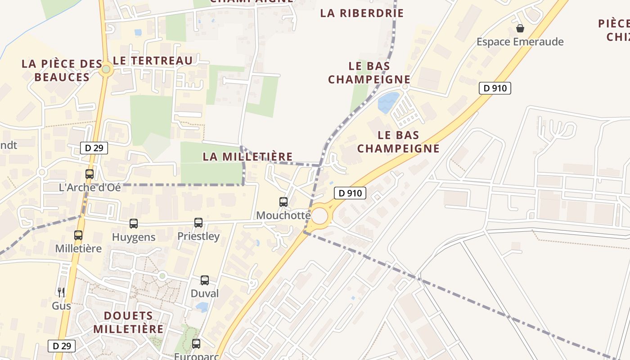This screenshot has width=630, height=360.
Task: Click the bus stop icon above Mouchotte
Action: click(283, 202)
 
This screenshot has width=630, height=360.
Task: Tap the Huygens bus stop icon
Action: click(134, 224)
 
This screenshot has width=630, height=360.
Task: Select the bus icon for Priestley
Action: click(198, 223)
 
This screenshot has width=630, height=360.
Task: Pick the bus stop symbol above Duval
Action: click(205, 280)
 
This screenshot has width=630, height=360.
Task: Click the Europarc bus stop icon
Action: click(196, 344)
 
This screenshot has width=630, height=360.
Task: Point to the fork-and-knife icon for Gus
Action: click(61, 292)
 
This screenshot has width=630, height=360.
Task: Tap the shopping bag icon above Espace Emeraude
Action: click(520, 29)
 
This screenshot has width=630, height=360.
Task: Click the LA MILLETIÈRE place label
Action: click(247, 157)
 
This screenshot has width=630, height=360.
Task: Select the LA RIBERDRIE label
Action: click(362, 13)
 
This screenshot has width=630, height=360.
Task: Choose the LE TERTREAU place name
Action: click(153, 61)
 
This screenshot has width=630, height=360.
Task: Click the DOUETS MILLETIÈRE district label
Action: click(128, 322)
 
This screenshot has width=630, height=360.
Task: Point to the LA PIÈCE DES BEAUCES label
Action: click(62, 71)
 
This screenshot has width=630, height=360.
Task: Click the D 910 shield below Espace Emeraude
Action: click(495, 88)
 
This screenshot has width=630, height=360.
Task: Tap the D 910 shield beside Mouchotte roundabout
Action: click(350, 193)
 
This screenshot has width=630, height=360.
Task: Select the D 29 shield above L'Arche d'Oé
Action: click(94, 148)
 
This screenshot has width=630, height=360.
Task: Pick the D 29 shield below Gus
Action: click(62, 346)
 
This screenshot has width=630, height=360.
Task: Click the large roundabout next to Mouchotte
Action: click(319, 216)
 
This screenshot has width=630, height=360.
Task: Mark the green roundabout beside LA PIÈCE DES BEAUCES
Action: click(106, 69)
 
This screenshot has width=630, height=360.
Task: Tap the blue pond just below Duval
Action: click(202, 307)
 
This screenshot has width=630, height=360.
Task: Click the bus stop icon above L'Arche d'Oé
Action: click(90, 174)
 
